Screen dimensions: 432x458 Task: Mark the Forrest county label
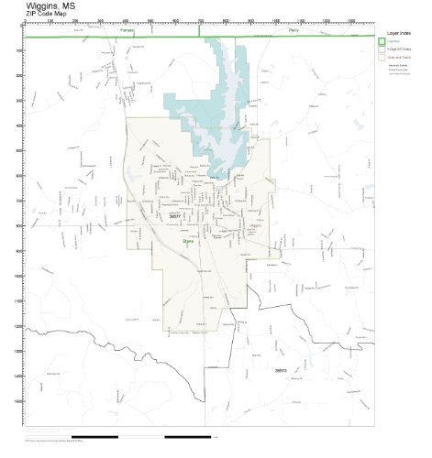(127, 30)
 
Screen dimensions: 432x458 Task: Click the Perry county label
(294, 30)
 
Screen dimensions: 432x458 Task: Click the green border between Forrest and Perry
(200, 31)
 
